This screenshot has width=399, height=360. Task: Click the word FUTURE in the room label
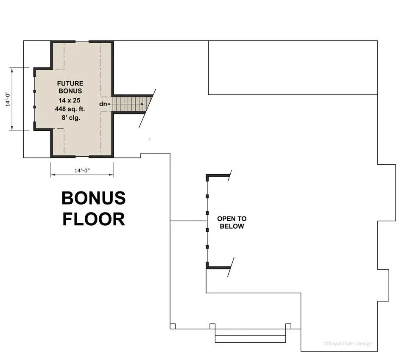click(x=70, y=83)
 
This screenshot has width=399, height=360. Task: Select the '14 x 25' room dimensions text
click(x=70, y=100)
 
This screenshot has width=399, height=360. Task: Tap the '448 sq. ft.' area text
click(x=70, y=109)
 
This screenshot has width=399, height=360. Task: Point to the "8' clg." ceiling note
click(x=71, y=118)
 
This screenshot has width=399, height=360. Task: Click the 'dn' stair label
click(x=103, y=104)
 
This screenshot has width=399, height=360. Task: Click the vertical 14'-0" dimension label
click(x=8, y=99)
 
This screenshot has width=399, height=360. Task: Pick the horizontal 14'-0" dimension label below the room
click(x=82, y=170)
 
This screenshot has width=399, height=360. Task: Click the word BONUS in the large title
click(x=94, y=198)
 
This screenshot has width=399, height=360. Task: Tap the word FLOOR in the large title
click(x=94, y=219)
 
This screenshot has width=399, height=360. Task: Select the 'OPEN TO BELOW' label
click(x=232, y=222)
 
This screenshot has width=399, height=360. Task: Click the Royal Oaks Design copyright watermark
click(x=348, y=343)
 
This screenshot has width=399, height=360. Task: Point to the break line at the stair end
click(x=147, y=108)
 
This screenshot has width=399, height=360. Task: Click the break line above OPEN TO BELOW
click(x=229, y=176)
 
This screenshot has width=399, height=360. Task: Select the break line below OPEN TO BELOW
click(x=231, y=267)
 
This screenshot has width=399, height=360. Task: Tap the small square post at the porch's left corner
click(x=173, y=326)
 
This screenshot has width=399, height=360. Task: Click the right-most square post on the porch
click(x=288, y=326)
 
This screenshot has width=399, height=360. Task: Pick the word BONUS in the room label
click(x=70, y=91)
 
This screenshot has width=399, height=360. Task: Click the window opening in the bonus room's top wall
click(x=82, y=42)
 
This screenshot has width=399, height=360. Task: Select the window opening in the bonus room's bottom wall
click(x=82, y=157)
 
